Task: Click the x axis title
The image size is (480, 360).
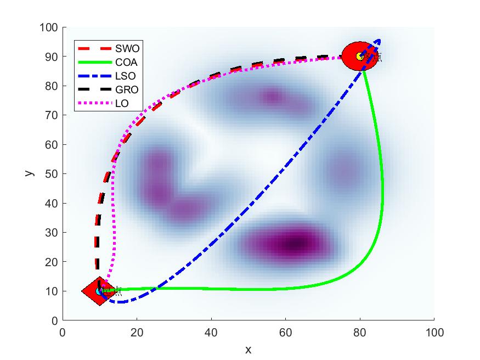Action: pyautogui.click(x=248, y=350)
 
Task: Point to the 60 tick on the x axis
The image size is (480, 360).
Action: pyautogui.click(x=285, y=332)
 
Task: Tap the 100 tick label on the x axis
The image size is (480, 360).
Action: pyautogui.click(x=434, y=332)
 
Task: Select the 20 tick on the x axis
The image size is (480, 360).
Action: pyautogui.click(x=137, y=332)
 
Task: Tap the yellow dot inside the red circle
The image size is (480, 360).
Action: pyautogui.click(x=360, y=56)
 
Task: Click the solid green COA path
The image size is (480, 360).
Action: pyautogui.click(x=382, y=192)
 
